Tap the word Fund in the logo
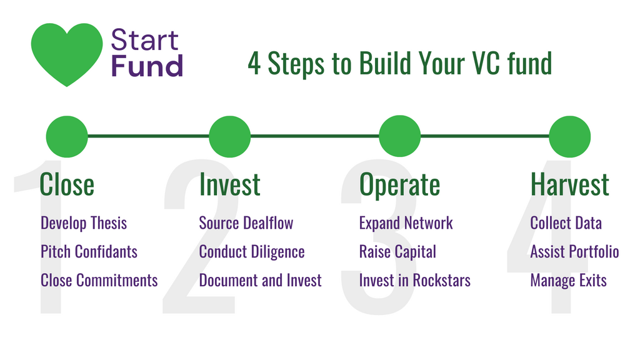[147, 66]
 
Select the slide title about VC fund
[400, 64]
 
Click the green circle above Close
[67, 137]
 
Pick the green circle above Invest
[230, 137]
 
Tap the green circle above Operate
[400, 136]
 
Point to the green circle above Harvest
[570, 137]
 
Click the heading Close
[67, 184]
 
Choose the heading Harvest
[570, 184]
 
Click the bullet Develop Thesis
[84, 224]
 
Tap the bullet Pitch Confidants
[89, 252]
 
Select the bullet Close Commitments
[99, 281]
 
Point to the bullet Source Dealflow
[246, 223]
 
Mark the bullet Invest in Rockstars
[415, 281]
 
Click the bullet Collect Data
[566, 223]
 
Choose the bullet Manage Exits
[569, 281]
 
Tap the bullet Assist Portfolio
[575, 252]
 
